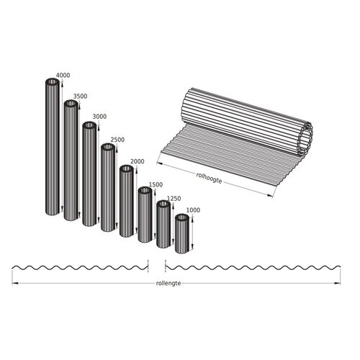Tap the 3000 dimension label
(x=99, y=117)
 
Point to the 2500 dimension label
(x=117, y=140)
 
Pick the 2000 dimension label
(x=137, y=161)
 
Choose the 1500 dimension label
(x=155, y=184)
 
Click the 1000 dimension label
(x=192, y=210)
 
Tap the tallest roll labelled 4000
(x=53, y=151)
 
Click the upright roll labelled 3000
(x=89, y=176)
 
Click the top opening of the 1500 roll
(x=145, y=192)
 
